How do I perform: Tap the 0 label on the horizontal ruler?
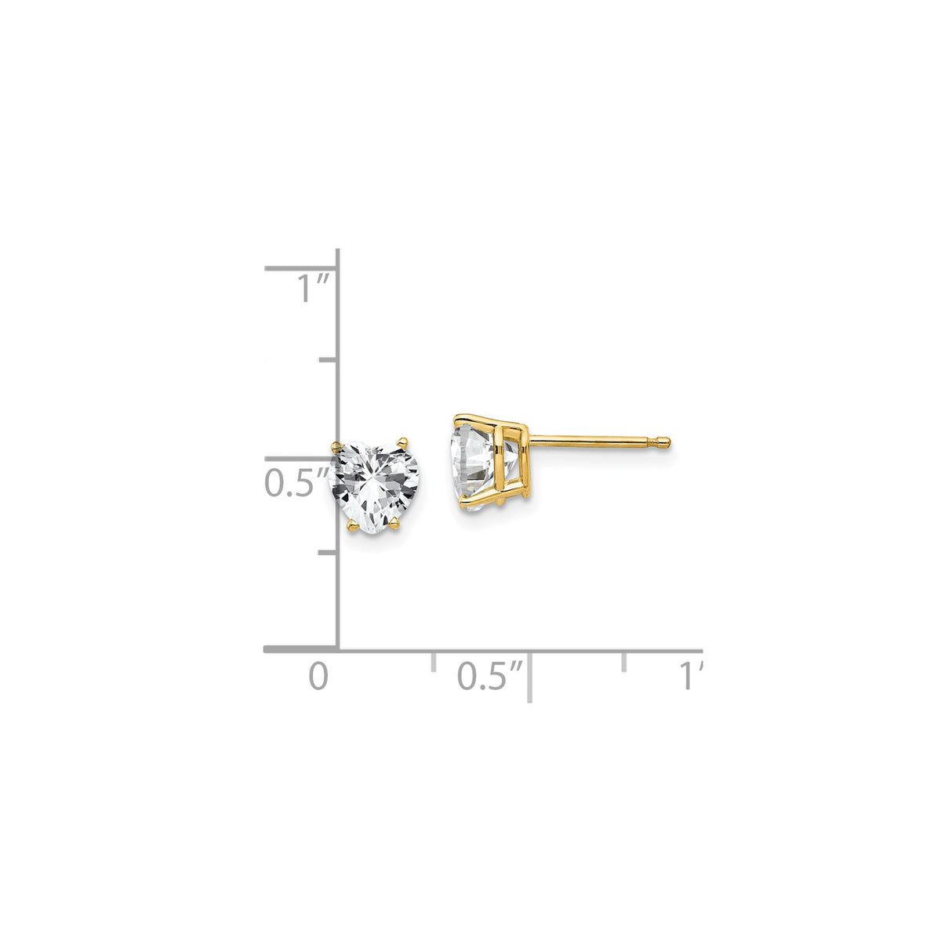tap(317, 676)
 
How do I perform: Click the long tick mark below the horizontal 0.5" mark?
tap(531, 674)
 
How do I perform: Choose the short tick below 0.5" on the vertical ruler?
tap(329, 552)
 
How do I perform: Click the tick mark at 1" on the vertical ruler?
tap(302, 269)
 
